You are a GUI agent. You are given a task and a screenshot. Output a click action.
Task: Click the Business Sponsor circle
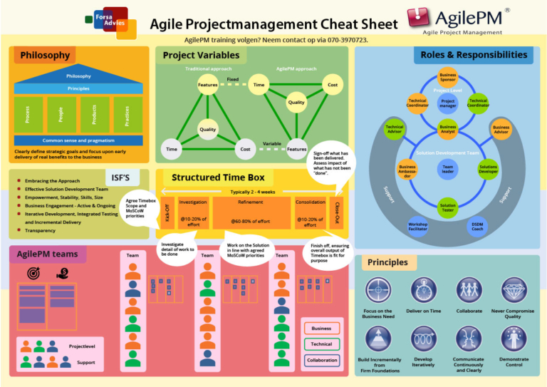tap(447, 77)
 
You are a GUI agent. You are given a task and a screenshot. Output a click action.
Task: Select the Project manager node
tap(447, 103)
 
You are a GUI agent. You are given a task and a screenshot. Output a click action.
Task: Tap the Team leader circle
tap(447, 169)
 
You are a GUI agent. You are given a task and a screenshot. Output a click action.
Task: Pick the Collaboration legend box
tap(322, 360)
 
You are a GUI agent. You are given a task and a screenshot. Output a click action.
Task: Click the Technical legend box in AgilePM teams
tap(322, 344)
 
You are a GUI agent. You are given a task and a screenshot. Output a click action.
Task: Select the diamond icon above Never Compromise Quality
tap(514, 290)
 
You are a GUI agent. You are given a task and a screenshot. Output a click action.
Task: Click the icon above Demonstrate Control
tap(514, 338)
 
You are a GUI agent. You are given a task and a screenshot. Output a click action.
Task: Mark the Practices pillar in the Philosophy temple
tap(127, 114)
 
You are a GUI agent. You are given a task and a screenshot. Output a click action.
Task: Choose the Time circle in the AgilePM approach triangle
tap(259, 85)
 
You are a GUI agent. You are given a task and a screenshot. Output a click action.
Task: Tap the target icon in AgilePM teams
tap(33, 272)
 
